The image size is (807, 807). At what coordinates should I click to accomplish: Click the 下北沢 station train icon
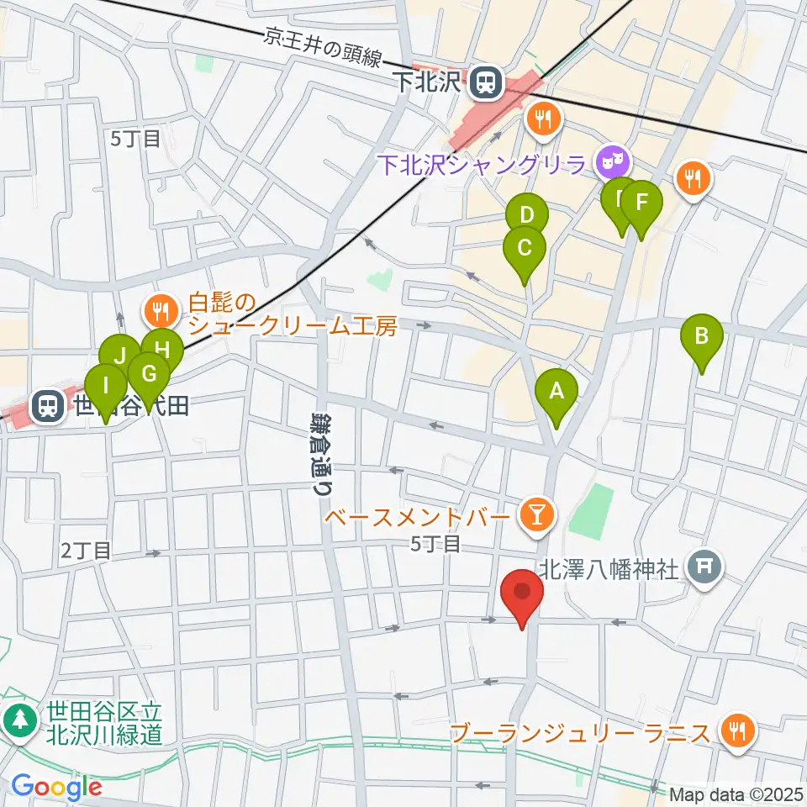click(x=484, y=82)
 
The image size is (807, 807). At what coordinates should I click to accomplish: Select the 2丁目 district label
click(x=86, y=551)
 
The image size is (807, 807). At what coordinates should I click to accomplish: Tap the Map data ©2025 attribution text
click(x=736, y=794)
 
